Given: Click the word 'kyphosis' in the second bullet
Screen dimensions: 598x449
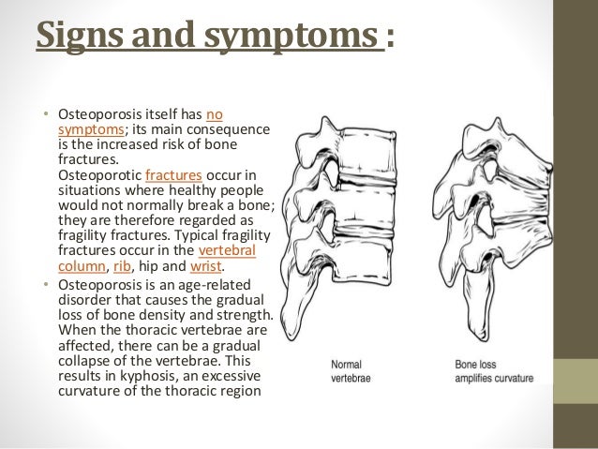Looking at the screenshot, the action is (x=129, y=374).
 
